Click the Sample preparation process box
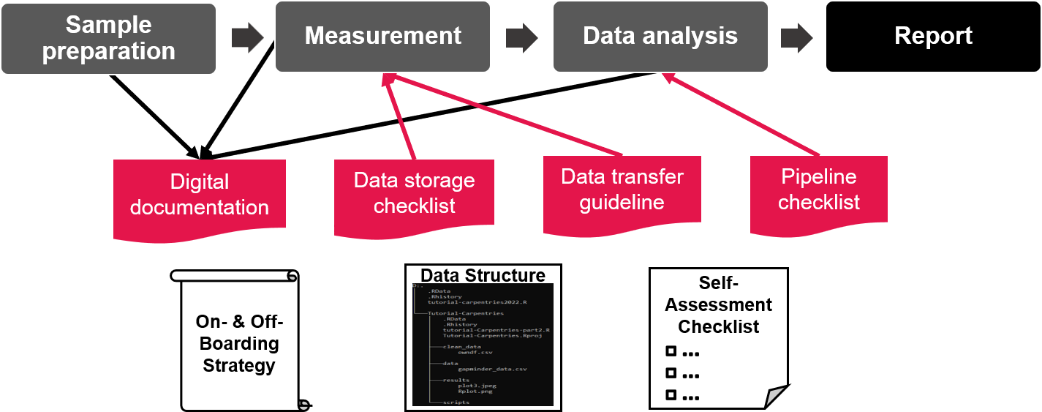pyautogui.click(x=108, y=38)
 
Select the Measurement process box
pyautogui.click(x=382, y=36)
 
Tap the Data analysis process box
pyautogui.click(x=660, y=36)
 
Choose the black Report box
pyautogui.click(x=933, y=36)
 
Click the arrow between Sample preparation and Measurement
pyautogui.click(x=247, y=37)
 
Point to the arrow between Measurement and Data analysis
pyautogui.click(x=521, y=37)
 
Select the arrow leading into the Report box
pyautogui.click(x=796, y=37)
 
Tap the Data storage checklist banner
pyautogui.click(x=414, y=194)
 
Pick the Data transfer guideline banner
pyautogui.click(x=622, y=190)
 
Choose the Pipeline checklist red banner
pyautogui.click(x=818, y=190)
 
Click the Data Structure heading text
pyautogui.click(x=483, y=275)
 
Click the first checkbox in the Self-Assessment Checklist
pyautogui.click(x=671, y=351)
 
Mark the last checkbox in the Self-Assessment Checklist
pyautogui.click(x=671, y=395)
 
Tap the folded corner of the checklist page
pyautogui.click(x=775, y=397)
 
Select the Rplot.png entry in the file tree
pyautogui.click(x=475, y=392)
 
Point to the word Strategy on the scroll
pyautogui.click(x=238, y=365)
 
